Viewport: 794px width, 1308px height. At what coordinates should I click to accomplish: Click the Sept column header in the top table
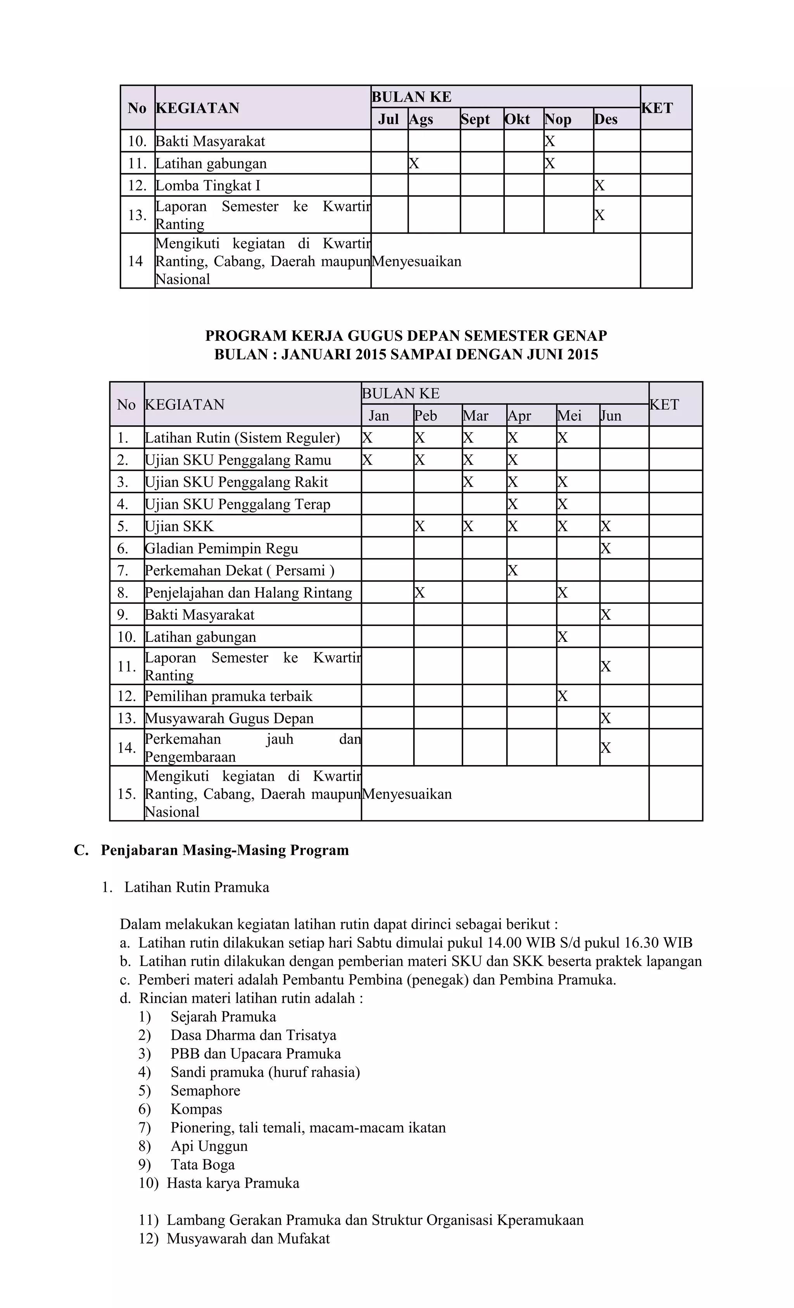click(475, 119)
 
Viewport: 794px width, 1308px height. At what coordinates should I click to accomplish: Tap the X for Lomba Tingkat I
click(599, 185)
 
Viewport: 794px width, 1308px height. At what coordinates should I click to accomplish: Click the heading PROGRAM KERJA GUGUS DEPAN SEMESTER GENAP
click(406, 335)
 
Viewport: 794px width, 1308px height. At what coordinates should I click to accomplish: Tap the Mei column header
click(569, 416)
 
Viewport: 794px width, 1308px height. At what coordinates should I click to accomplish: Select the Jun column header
click(611, 416)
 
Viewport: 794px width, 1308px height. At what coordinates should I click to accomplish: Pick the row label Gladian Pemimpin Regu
click(221, 548)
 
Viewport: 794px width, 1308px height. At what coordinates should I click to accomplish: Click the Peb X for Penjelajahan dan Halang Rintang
click(419, 593)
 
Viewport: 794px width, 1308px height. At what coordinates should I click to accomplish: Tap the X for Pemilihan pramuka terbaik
click(563, 696)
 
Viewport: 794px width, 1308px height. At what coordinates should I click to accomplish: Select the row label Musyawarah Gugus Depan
click(229, 718)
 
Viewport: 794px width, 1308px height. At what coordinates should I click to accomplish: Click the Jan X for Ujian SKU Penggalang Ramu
click(367, 460)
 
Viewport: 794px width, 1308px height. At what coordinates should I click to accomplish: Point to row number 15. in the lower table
click(127, 794)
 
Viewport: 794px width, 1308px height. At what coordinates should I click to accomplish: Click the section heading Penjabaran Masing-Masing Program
click(224, 850)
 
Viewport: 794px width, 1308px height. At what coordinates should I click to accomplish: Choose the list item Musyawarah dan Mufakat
click(248, 1239)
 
